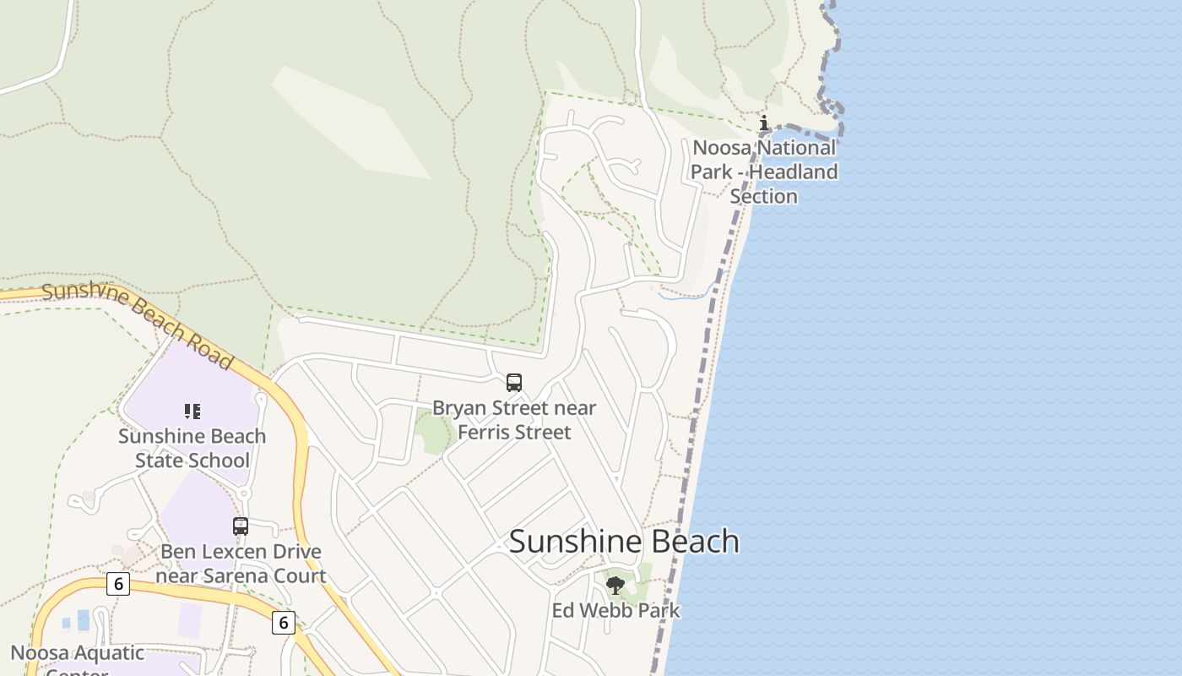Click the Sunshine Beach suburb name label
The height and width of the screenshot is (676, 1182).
click(624, 542)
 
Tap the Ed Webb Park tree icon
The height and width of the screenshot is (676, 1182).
click(615, 584)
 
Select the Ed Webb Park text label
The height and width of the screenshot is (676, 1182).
click(615, 610)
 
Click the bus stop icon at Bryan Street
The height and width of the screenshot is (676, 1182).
click(514, 382)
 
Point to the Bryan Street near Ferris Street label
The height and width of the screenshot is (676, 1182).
click(514, 420)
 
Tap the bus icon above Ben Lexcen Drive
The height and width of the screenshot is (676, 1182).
click(241, 526)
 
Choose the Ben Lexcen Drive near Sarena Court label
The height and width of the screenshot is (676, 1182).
click(241, 564)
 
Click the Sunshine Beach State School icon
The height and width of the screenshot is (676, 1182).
click(192, 412)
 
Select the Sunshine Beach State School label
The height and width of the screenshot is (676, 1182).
click(192, 449)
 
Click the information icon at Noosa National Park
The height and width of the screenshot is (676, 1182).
click(764, 123)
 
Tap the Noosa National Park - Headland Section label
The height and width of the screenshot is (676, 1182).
click(764, 172)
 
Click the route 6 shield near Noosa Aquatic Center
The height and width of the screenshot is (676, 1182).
click(118, 583)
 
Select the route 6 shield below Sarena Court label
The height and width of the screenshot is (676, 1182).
click(284, 623)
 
